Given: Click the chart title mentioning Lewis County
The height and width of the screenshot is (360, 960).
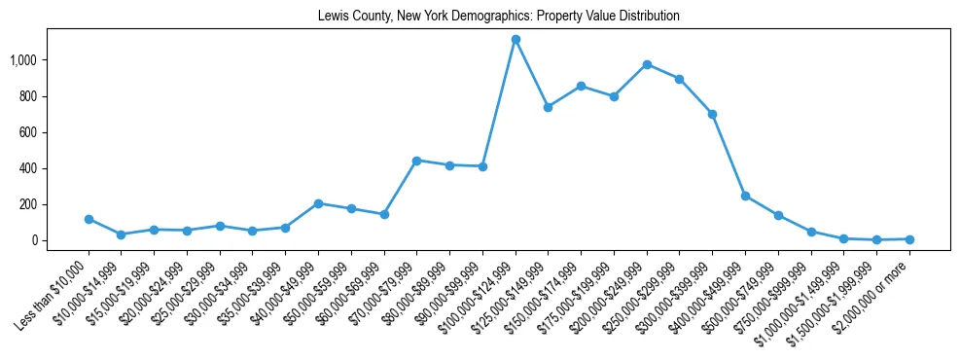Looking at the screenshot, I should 498,17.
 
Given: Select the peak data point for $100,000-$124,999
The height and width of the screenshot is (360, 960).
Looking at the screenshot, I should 516,39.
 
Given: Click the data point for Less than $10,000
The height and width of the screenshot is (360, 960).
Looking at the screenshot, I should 89,219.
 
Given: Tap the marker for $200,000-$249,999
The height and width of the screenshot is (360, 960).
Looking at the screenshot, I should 647,64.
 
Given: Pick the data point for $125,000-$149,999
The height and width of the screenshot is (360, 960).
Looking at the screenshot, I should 548,107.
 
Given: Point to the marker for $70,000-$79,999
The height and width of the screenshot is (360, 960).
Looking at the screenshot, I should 416,160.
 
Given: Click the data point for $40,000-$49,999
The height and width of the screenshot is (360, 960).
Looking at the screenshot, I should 318,203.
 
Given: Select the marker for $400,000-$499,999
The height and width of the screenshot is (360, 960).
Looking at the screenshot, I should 745,196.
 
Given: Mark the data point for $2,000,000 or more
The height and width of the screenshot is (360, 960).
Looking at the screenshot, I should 909,238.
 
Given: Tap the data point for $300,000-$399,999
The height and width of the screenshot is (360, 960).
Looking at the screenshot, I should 712,114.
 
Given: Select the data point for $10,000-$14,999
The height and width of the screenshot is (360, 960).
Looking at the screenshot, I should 121,234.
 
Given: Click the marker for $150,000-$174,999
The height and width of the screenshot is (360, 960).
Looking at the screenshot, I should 581,86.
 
